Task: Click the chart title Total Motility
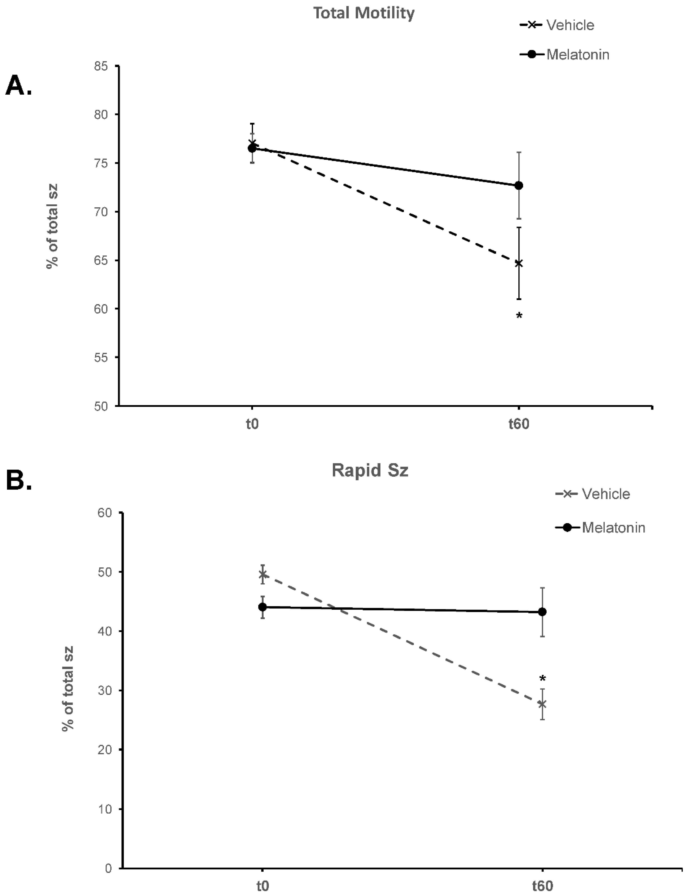tap(364, 13)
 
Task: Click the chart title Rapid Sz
tap(370, 470)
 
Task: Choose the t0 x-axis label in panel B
tap(263, 886)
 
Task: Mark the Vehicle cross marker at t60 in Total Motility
tap(519, 263)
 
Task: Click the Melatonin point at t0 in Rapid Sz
tap(263, 607)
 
